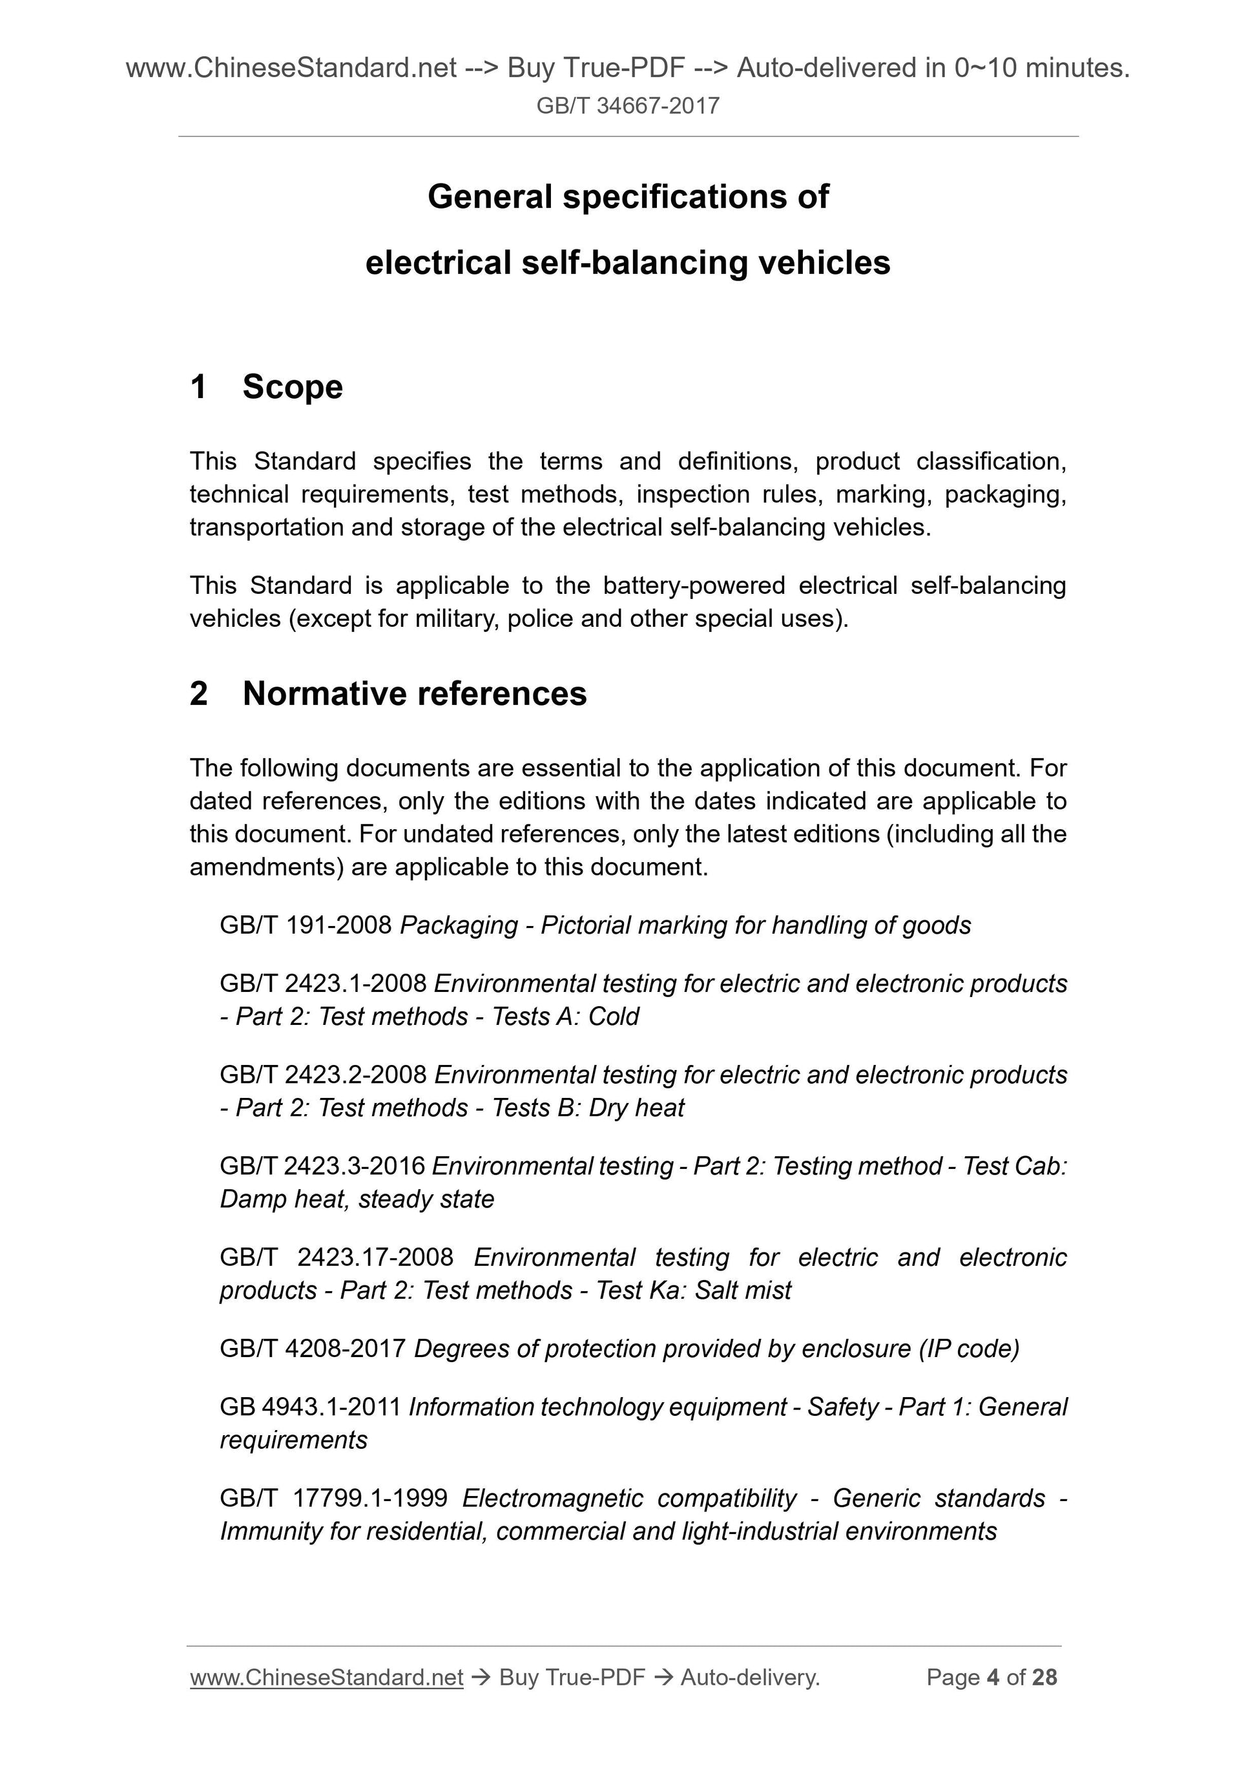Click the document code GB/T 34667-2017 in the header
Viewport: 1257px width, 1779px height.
(628, 105)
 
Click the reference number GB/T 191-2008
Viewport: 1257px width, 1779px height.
(306, 925)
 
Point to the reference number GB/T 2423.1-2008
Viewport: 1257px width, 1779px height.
(323, 984)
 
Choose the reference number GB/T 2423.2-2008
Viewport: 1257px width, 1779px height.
(323, 1075)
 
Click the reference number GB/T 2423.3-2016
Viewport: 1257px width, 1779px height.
(322, 1166)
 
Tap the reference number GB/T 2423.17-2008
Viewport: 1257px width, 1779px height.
(336, 1257)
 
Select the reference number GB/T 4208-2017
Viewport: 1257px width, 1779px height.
(313, 1349)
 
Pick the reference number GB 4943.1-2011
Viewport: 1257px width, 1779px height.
(310, 1407)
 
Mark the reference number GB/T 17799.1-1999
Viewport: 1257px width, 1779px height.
(333, 1499)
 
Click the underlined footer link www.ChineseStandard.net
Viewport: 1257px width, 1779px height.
(326, 1678)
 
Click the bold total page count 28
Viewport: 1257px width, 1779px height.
(1044, 1678)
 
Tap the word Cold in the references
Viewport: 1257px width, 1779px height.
(614, 1016)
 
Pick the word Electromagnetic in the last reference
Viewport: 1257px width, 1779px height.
(552, 1499)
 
